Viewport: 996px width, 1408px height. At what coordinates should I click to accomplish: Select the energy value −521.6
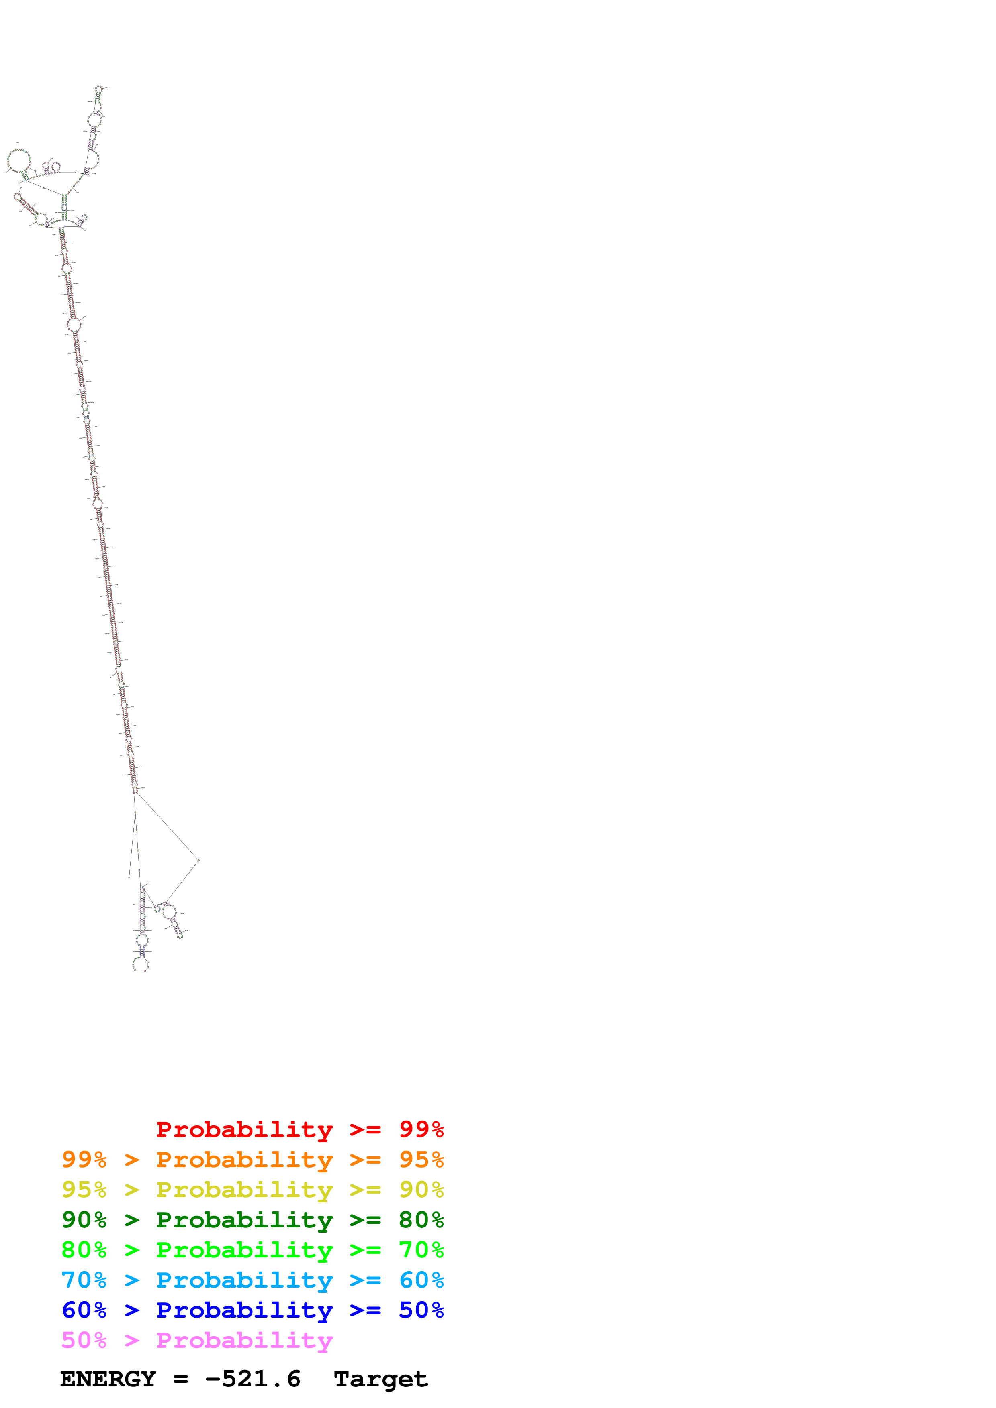point(252,1379)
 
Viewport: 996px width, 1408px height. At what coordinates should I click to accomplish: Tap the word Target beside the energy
point(380,1379)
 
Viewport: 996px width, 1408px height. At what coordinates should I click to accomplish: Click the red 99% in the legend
point(421,1129)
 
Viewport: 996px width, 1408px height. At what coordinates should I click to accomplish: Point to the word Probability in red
point(244,1129)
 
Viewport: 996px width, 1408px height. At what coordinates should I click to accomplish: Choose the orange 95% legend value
point(421,1159)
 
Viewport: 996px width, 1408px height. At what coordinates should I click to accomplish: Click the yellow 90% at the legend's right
point(421,1189)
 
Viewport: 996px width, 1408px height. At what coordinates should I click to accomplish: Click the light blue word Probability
point(244,1280)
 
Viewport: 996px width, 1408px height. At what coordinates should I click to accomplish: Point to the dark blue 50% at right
point(421,1310)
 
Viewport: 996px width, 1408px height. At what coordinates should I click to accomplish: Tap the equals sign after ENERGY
point(180,1379)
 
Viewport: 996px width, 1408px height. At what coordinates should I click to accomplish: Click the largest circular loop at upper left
point(18,161)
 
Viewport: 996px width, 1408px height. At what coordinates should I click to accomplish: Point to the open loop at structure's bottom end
point(140,964)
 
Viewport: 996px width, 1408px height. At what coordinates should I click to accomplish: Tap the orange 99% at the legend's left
point(84,1159)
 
